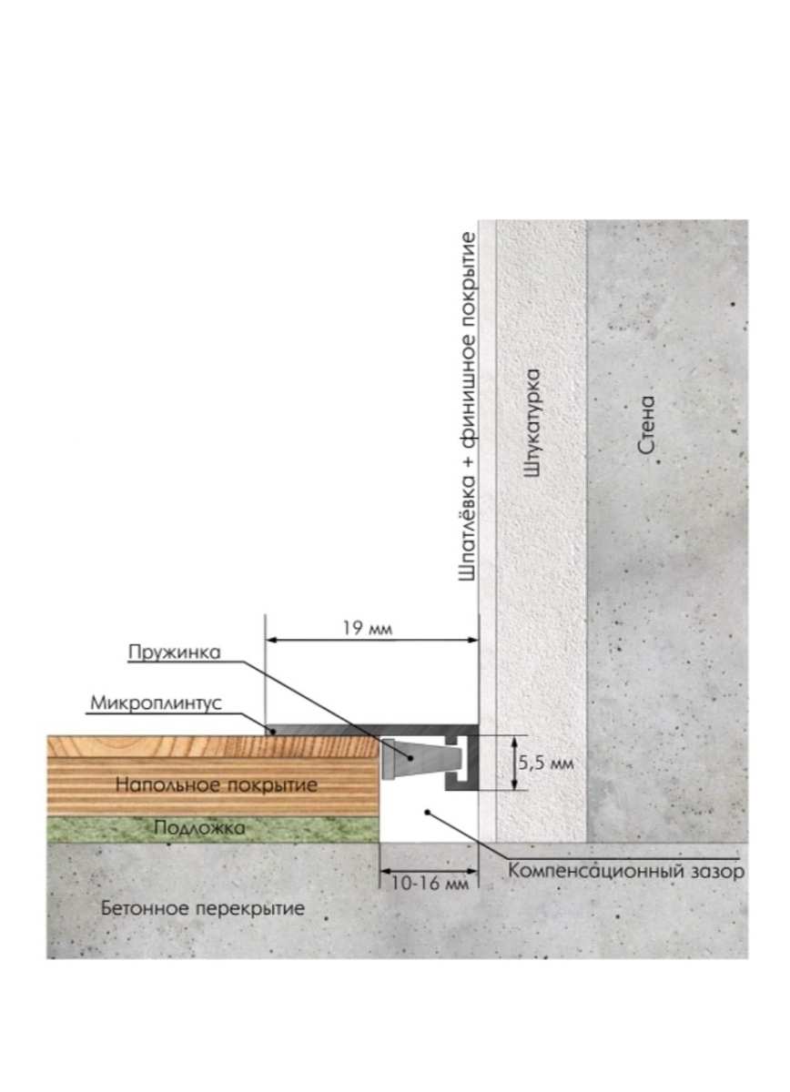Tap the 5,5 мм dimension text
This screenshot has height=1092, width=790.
click(546, 763)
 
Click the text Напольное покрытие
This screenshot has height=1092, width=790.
click(217, 784)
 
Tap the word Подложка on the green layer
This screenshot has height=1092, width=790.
click(198, 828)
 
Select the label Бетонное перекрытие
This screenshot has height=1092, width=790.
click(204, 908)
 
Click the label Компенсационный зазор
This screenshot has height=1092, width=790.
click(626, 872)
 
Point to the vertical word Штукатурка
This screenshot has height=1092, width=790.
click(534, 423)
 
